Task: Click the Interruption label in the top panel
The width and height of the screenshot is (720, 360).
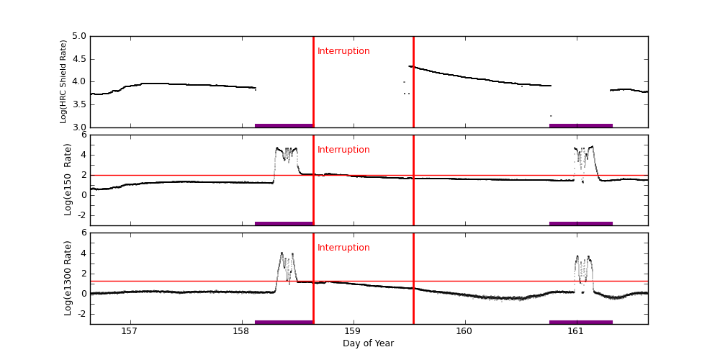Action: (343, 51)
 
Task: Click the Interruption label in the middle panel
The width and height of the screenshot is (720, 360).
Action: (343, 150)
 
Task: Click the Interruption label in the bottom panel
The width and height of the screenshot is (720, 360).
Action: (343, 248)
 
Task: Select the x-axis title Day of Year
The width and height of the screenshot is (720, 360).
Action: (368, 343)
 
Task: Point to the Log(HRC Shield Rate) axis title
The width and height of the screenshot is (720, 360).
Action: (63, 81)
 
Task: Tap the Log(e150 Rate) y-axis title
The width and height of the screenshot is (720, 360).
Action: (68, 179)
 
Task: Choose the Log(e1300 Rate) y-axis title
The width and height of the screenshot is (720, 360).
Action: (68, 278)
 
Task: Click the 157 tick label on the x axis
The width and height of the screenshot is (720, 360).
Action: (129, 331)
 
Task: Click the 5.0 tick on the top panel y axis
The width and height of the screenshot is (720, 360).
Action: (79, 36)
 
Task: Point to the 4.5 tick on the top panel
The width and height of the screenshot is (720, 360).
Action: (79, 59)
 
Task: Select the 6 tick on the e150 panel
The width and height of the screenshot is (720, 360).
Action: (84, 135)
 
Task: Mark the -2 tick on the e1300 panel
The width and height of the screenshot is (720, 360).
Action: (81, 313)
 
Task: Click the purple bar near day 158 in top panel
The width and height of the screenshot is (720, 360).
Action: (284, 125)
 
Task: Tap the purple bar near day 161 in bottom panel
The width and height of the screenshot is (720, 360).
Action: (580, 322)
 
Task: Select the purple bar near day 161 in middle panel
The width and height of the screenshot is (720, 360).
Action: (580, 223)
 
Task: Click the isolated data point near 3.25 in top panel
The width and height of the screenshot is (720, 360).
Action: (551, 116)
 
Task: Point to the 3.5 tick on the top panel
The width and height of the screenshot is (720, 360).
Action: (79, 104)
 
